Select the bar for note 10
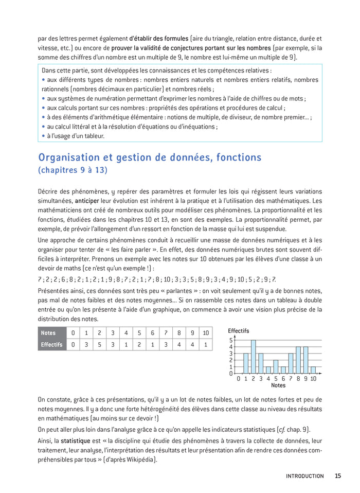pyautogui.click(x=313, y=369)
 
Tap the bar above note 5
pyautogui.click(x=276, y=366)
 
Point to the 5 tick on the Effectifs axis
pyautogui.click(x=231, y=340)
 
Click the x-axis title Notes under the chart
pyautogui.click(x=278, y=385)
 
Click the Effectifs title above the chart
pyautogui.click(x=238, y=331)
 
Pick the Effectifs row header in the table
pyautogui.click(x=52, y=345)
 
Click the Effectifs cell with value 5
pyautogui.click(x=99, y=345)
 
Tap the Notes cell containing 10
pyautogui.click(x=205, y=333)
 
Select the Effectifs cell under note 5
pyautogui.click(x=139, y=345)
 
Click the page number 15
pyautogui.click(x=337, y=476)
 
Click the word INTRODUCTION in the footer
pyautogui.click(x=305, y=476)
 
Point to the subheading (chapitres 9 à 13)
pyautogui.click(x=73, y=170)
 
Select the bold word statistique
pyautogui.click(x=75, y=441)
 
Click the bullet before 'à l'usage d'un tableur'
pyautogui.click(x=43, y=136)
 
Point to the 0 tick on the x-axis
pyautogui.click(x=238, y=378)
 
